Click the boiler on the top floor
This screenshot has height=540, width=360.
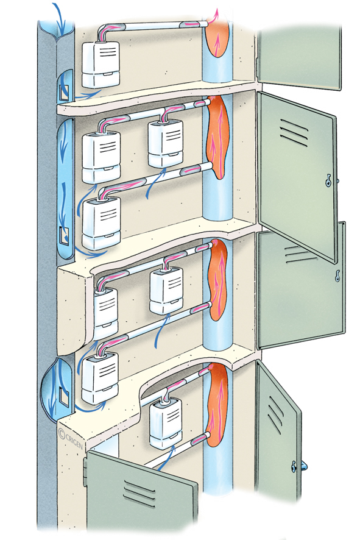point(101,64)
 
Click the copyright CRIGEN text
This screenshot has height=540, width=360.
point(71,438)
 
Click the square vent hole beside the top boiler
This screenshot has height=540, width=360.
point(64,92)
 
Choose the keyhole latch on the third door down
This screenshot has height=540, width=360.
point(338,275)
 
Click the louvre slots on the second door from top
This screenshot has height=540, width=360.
point(294,133)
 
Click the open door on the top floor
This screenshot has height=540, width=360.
point(300,58)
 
